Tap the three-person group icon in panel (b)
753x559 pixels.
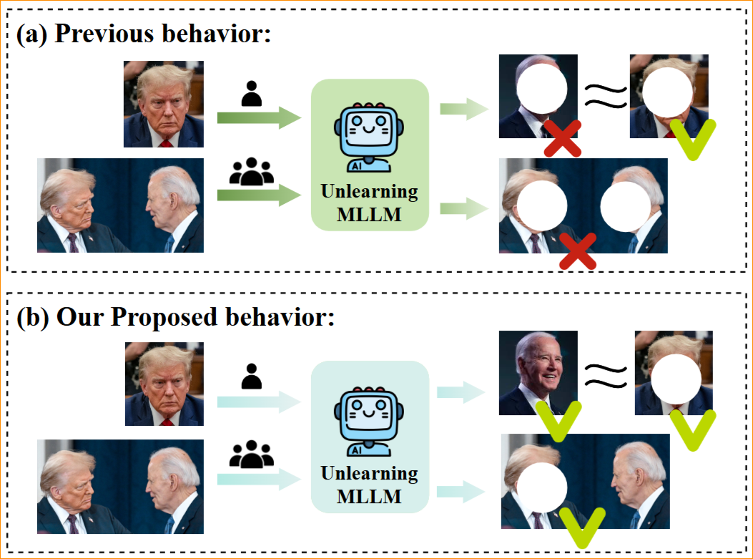pyautogui.click(x=252, y=453)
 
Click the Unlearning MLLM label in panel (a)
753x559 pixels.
pyautogui.click(x=369, y=203)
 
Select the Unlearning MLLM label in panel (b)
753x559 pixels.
pyautogui.click(x=369, y=484)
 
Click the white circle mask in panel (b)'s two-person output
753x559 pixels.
pyautogui.click(x=543, y=485)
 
